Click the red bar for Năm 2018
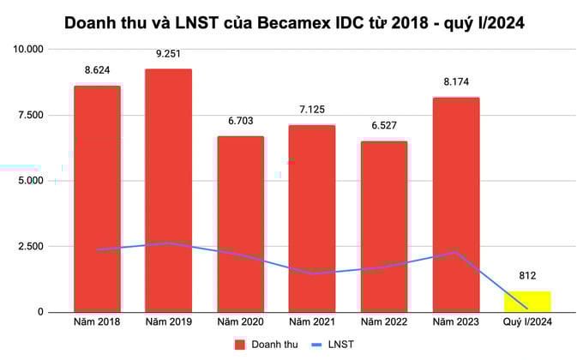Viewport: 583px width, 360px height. click(97, 197)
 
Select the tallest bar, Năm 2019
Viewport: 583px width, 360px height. click(168, 189)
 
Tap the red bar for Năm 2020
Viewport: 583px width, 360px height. click(240, 223)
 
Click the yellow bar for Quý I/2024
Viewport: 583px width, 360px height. click(526, 301)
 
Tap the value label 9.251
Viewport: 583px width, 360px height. click(168, 54)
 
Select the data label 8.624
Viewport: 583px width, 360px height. click(97, 70)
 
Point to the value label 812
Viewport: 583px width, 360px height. click(526, 276)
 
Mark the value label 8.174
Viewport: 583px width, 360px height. click(455, 82)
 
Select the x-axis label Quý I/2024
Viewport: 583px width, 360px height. click(526, 322)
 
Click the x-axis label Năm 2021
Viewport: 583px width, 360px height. click(311, 322)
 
